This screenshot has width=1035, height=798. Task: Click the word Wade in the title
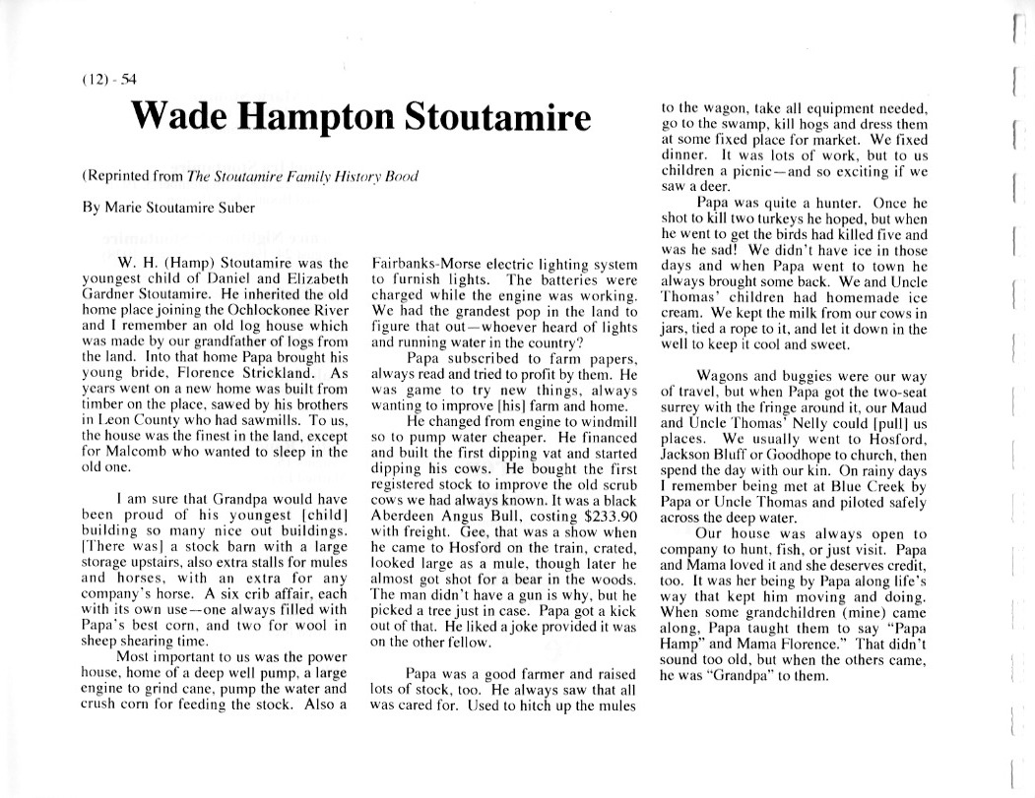[180, 119]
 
